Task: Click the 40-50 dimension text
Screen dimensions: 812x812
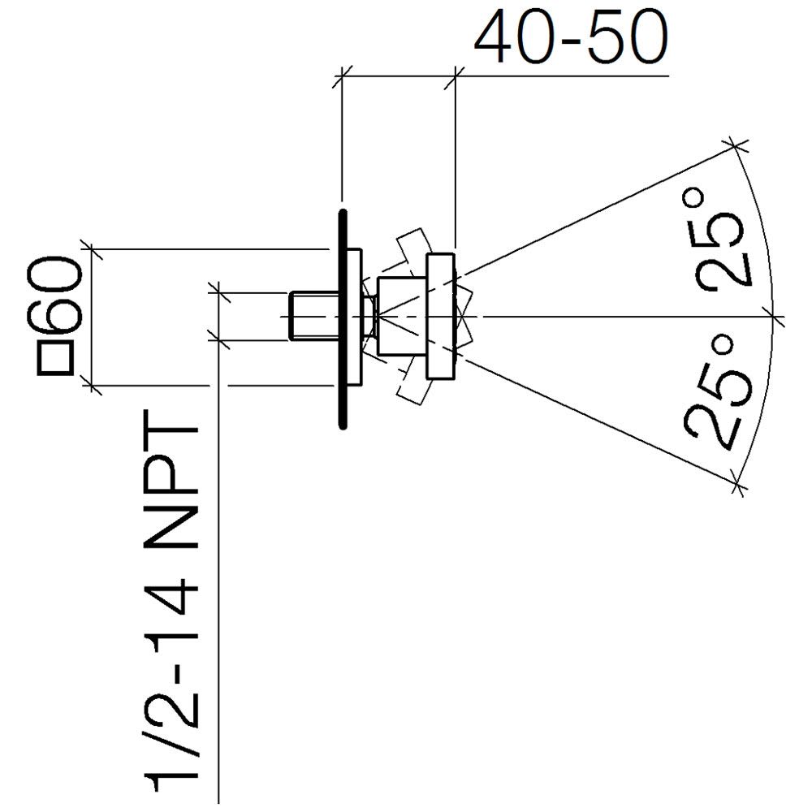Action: coord(571,37)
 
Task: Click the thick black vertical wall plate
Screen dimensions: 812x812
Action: coord(342,319)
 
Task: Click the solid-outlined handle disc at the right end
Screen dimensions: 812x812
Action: coord(440,317)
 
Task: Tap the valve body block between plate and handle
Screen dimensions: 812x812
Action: coord(402,317)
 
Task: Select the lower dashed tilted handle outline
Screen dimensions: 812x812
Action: coord(414,386)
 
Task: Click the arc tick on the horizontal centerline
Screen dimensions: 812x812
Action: coord(775,316)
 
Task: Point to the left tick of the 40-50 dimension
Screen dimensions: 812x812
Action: coord(342,76)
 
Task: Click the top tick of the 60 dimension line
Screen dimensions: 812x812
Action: coord(92,249)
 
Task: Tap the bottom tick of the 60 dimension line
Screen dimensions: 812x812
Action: coord(92,385)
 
